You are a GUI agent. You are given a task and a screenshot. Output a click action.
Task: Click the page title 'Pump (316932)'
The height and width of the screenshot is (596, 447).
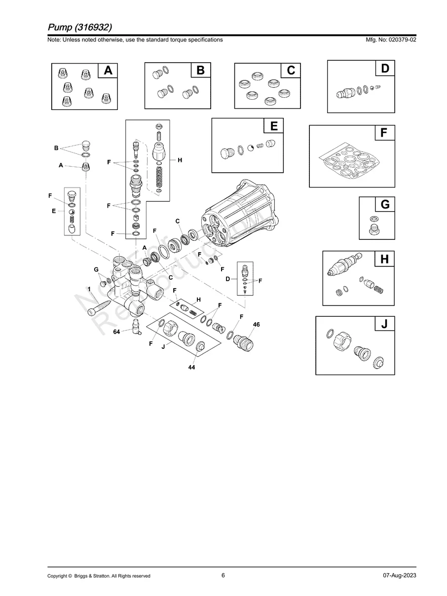(x=83, y=27)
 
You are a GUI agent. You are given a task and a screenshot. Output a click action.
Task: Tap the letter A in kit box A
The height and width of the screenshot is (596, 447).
(x=108, y=71)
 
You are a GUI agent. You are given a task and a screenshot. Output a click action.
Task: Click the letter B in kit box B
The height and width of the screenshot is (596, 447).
(x=200, y=71)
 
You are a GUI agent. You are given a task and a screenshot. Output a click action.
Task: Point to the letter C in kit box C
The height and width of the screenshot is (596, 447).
(x=291, y=71)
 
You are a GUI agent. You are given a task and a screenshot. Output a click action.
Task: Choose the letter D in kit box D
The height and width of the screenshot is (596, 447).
(x=385, y=69)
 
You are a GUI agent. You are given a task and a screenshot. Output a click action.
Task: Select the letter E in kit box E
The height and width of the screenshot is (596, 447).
(x=273, y=126)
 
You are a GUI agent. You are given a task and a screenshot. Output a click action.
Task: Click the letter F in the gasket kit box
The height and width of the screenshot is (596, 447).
(x=384, y=133)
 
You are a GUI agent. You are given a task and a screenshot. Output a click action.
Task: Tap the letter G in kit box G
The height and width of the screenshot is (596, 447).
(x=385, y=204)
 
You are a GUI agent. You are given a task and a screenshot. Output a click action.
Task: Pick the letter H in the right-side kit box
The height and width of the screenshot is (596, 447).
(x=384, y=259)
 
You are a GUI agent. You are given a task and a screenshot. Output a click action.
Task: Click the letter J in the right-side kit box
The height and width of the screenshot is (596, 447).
(x=384, y=324)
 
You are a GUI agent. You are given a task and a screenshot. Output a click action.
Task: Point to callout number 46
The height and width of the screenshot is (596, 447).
(x=256, y=325)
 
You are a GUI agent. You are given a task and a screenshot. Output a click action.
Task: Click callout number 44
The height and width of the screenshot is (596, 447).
(x=191, y=368)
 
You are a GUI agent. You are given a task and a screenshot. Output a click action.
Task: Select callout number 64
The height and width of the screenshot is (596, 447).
(x=116, y=332)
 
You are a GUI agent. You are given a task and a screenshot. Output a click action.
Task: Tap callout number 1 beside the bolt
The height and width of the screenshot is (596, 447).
(x=89, y=289)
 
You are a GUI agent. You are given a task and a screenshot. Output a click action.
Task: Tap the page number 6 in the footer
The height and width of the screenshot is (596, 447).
(x=223, y=575)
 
